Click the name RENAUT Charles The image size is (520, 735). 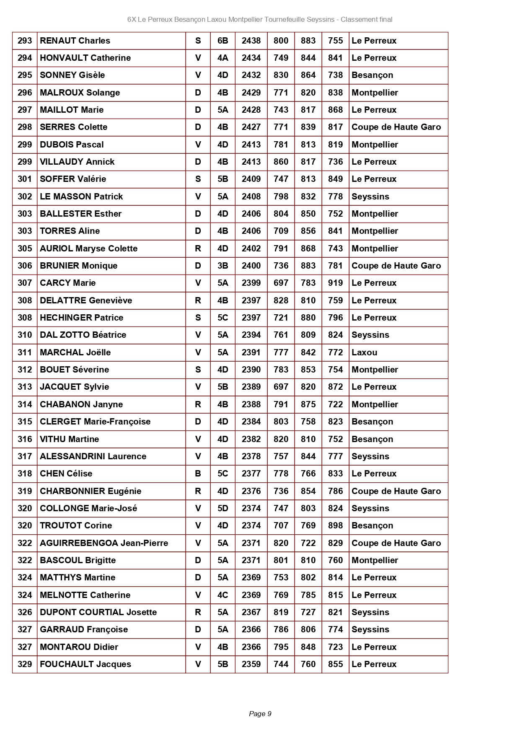tap(75, 41)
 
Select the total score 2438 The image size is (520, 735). tap(251, 41)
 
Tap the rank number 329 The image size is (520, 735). tap(25, 664)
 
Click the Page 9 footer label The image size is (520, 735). tap(260, 714)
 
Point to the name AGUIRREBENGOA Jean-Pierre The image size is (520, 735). tap(104, 543)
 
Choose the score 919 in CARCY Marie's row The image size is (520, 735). tap(335, 283)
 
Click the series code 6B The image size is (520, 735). tap(222, 41)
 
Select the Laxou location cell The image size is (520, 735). tap(365, 352)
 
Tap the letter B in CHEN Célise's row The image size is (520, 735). tap(198, 474)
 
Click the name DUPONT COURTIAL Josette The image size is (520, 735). tap(98, 612)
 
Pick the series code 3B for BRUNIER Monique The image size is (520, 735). tap(222, 266)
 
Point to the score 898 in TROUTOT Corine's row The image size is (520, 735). tap(335, 525)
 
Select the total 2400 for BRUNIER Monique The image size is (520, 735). tap(251, 266)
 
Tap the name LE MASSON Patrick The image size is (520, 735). tap(81, 197)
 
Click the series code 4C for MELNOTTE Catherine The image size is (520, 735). tap(222, 595)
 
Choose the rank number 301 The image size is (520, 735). tap(25, 179)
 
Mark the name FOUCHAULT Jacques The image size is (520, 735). tap(85, 664)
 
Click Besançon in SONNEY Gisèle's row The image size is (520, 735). tap(373, 75)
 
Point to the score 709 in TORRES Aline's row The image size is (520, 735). tap(281, 231)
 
